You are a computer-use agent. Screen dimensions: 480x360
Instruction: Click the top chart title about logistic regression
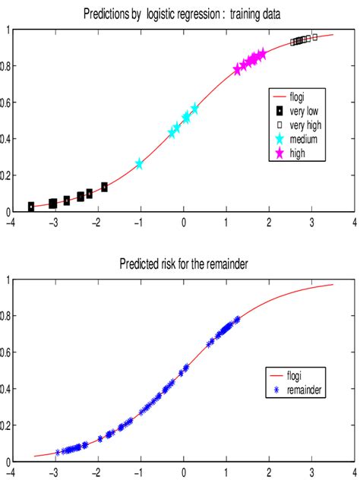(183, 14)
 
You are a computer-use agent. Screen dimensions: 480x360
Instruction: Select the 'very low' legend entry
(302, 111)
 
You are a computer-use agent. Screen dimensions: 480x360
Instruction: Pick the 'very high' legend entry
(303, 125)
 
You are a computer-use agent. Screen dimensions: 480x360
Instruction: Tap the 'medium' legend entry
(301, 139)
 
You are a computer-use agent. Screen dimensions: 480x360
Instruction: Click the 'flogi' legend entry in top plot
(295, 96)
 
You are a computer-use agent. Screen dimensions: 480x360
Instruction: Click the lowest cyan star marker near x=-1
(139, 163)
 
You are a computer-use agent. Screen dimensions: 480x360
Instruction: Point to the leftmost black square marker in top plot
(31, 207)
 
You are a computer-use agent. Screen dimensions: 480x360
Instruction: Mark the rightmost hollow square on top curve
(314, 36)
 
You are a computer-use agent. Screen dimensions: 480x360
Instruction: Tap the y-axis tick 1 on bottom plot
(8, 280)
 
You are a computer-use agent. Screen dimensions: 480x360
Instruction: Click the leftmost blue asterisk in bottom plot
(58, 452)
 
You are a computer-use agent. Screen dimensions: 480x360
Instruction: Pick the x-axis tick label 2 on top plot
(269, 223)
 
